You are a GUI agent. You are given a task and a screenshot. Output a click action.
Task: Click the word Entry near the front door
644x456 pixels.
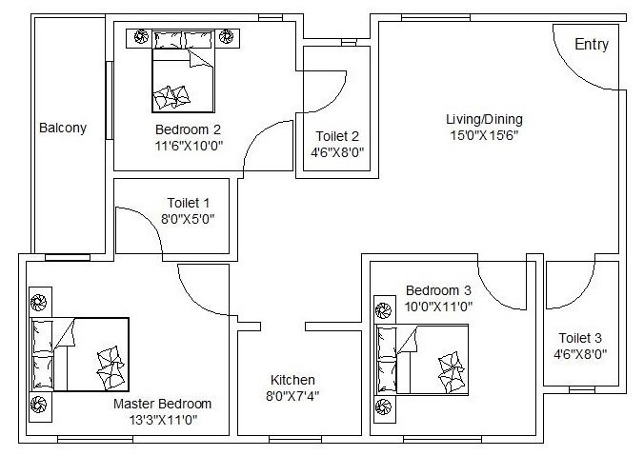tap(592, 45)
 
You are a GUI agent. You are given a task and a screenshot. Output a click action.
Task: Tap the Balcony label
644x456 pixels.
tap(63, 128)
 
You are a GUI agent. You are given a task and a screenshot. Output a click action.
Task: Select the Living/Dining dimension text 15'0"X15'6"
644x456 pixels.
tap(484, 135)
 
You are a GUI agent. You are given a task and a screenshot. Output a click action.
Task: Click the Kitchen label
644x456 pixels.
tap(292, 379)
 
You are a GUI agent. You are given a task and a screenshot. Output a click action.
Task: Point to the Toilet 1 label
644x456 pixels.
tap(188, 202)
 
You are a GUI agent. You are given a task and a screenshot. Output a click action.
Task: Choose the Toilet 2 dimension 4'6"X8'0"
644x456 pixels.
tap(337, 151)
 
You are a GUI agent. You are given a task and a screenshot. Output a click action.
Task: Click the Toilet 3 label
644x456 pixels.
tap(580, 337)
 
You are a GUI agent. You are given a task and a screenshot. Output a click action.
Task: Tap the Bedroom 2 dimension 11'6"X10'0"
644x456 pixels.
tap(188, 146)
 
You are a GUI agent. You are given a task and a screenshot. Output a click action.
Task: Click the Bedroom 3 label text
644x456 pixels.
tap(438, 290)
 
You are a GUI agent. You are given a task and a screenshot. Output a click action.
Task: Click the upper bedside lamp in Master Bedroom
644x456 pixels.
tap(39, 303)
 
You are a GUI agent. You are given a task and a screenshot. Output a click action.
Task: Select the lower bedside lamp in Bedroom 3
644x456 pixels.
tap(384, 407)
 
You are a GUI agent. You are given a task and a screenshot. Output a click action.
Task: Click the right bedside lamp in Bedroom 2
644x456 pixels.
tap(227, 37)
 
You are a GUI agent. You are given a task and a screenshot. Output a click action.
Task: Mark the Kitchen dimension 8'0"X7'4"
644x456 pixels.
tap(292, 396)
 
